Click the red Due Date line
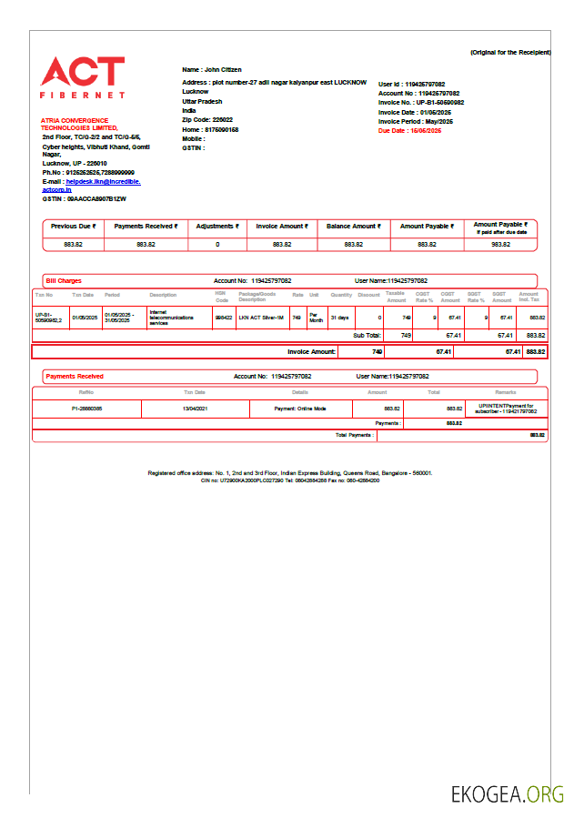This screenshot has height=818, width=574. [409, 131]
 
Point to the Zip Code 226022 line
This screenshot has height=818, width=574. [207, 120]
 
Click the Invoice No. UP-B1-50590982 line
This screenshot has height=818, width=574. [421, 103]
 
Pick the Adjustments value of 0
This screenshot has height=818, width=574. [217, 245]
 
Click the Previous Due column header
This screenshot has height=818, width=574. [74, 227]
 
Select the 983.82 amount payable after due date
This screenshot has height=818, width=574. [500, 245]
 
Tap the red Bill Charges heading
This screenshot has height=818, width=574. [64, 281]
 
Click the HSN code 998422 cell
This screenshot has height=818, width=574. [223, 318]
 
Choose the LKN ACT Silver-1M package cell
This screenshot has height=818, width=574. [262, 318]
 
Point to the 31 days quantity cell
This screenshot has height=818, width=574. [339, 318]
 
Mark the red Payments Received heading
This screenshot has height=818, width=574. [75, 376]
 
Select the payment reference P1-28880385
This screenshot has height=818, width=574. [86, 409]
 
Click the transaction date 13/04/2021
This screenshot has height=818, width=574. [195, 409]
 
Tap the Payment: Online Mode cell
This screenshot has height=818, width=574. [300, 409]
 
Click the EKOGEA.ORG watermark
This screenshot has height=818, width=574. [507, 794]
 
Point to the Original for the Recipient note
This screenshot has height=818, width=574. [509, 53]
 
